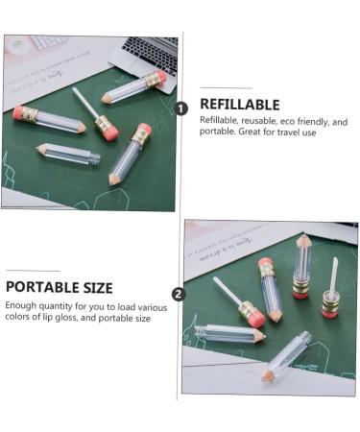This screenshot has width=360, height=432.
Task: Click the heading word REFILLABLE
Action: coord(239,105)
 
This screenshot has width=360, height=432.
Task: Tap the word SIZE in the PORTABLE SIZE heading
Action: coord(93,287)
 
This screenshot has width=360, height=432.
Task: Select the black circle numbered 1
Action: coord(180,108)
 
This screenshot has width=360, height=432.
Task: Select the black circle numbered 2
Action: coord(178,294)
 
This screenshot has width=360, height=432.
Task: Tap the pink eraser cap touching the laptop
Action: coord(159,77)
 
